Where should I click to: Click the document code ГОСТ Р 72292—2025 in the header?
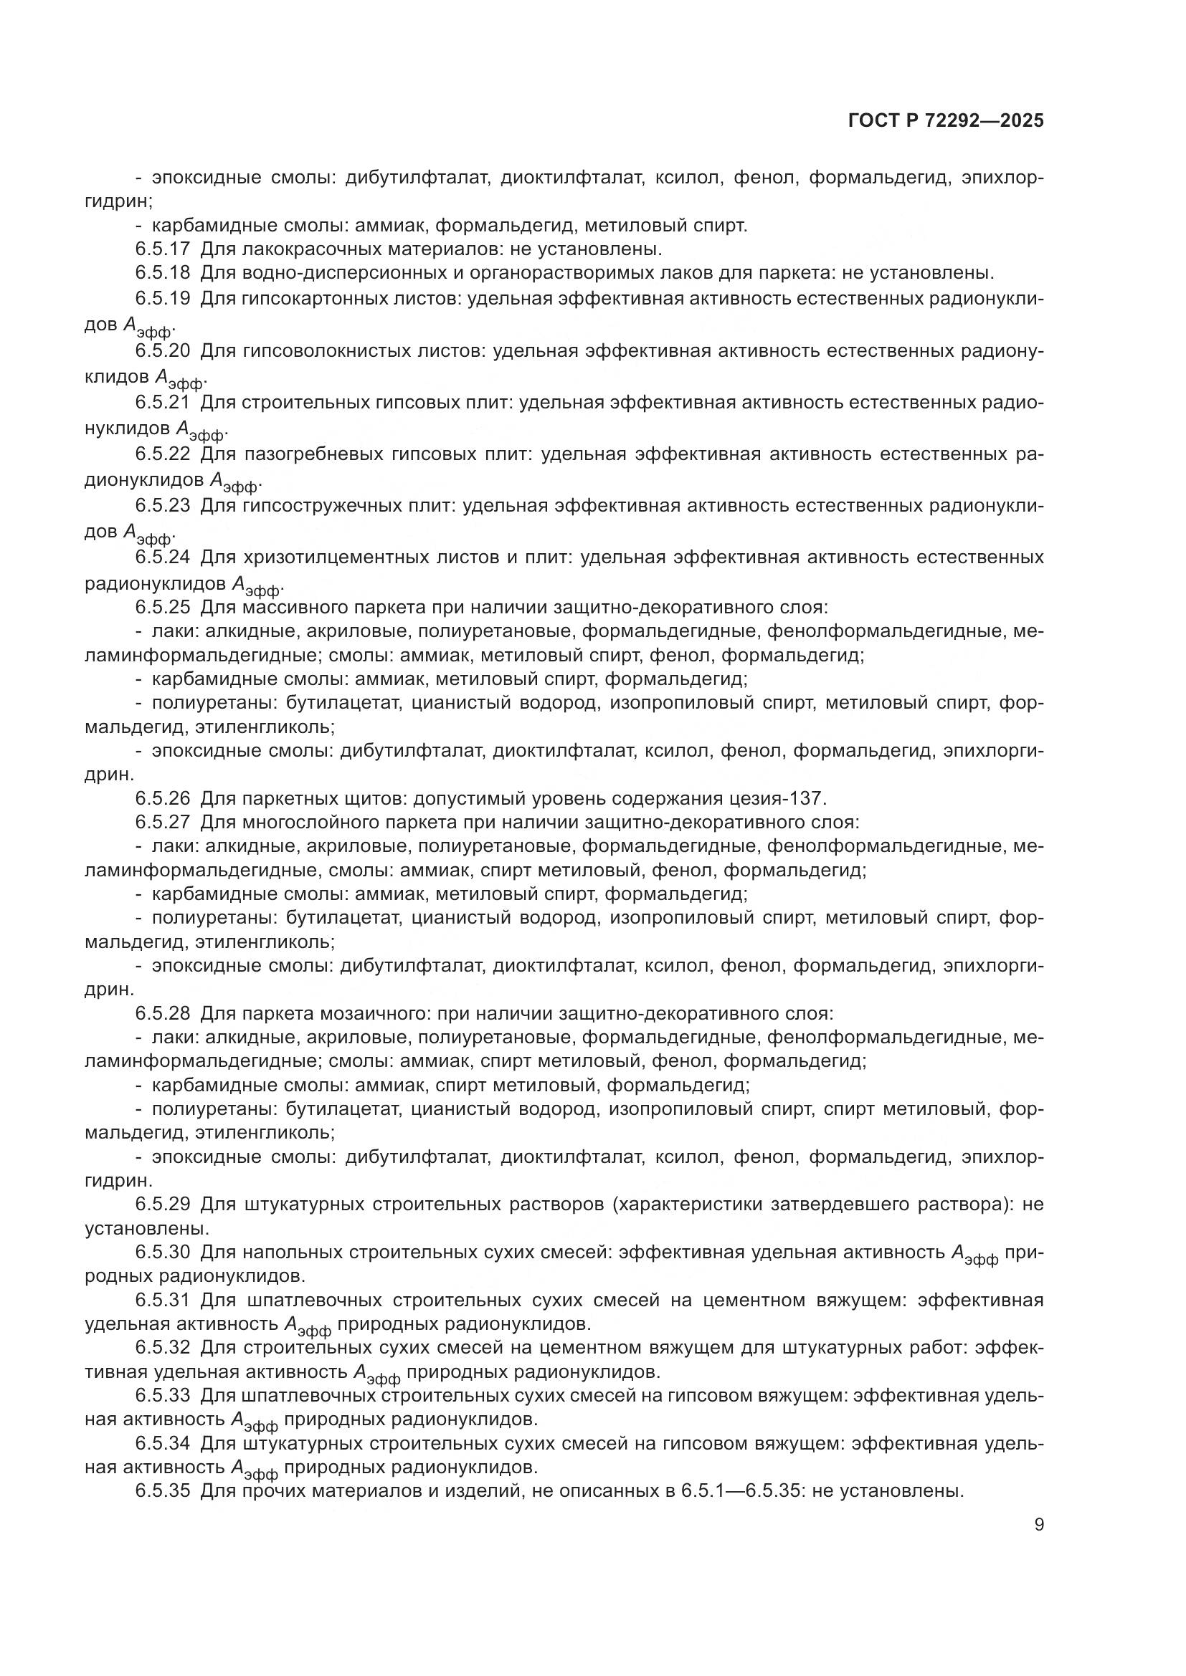pos(946,121)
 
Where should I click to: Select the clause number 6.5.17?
pos(162,249)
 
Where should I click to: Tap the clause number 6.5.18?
pos(162,273)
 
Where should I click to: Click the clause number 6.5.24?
pos(162,557)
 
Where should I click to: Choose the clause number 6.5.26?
pos(162,798)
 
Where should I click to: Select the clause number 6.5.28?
pos(162,1013)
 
